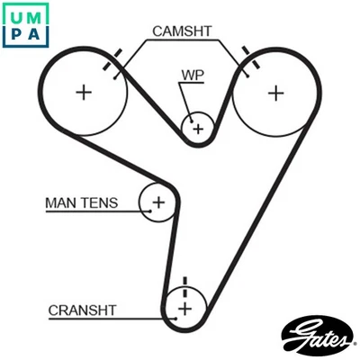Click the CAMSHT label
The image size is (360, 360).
[182, 31]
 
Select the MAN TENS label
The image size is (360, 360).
[81, 203]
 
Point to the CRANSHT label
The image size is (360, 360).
[82, 310]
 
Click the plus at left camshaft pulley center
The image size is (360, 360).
[84, 92]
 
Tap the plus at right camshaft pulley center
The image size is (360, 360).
[274, 92]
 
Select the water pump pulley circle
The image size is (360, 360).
[197, 129]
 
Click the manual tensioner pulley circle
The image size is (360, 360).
[158, 202]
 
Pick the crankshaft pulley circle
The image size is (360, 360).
[185, 309]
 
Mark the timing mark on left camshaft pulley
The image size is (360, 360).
[112, 67]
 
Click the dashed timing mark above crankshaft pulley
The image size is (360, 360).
[184, 286]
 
